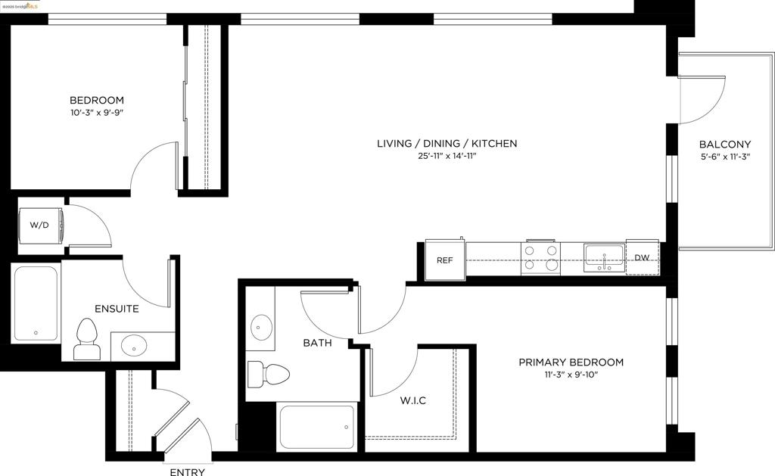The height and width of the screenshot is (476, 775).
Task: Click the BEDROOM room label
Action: [x=97, y=100]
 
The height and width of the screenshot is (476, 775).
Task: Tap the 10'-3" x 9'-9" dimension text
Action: [x=97, y=114]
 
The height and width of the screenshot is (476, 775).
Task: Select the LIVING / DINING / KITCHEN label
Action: [x=447, y=143]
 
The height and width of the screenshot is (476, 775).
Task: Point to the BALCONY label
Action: [x=724, y=145]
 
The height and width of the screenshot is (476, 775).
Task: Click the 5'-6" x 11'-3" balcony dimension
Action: [x=724, y=157]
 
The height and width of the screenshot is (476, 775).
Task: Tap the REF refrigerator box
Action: [x=445, y=260]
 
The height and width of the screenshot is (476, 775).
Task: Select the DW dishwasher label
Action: [x=642, y=258]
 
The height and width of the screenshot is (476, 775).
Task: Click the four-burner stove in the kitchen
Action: [x=540, y=257]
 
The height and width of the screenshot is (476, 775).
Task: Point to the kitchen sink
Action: [x=604, y=257]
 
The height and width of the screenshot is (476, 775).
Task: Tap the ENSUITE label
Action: [x=117, y=309]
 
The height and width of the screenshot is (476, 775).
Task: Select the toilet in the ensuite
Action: [x=86, y=338]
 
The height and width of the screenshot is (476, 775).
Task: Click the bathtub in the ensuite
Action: [x=36, y=303]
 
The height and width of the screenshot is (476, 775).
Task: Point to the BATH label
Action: [x=317, y=343]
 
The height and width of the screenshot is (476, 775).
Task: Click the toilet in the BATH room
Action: [x=271, y=374]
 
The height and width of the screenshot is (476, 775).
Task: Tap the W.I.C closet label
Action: [x=412, y=400]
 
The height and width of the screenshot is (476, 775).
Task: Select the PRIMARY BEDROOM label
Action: [x=571, y=362]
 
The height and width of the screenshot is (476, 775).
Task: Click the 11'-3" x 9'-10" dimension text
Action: [x=571, y=375]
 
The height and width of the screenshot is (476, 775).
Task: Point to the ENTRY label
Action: [x=187, y=472]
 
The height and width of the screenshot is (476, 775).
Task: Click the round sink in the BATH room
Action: [x=262, y=327]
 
